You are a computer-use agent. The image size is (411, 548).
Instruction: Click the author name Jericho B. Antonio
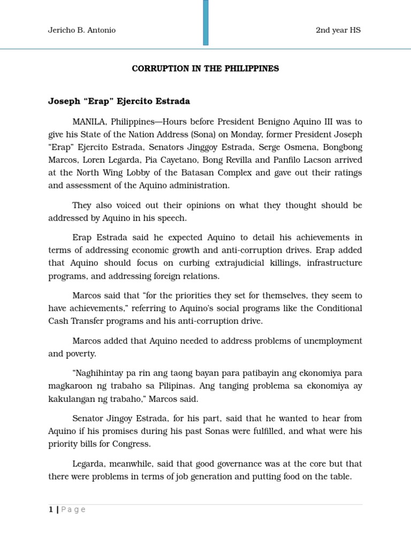tap(82, 30)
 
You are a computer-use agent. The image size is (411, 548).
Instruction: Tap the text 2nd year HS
tap(338, 30)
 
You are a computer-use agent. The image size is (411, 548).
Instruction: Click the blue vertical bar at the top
tap(206, 22)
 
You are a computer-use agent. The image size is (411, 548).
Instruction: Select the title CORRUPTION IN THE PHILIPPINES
tap(205, 69)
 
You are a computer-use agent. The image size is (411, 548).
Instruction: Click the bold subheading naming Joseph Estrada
tap(119, 101)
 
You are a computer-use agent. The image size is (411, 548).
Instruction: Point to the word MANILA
tap(89, 122)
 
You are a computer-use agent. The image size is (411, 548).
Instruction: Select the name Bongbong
tap(341, 147)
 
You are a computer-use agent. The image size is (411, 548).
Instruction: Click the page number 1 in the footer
tap(51, 509)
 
